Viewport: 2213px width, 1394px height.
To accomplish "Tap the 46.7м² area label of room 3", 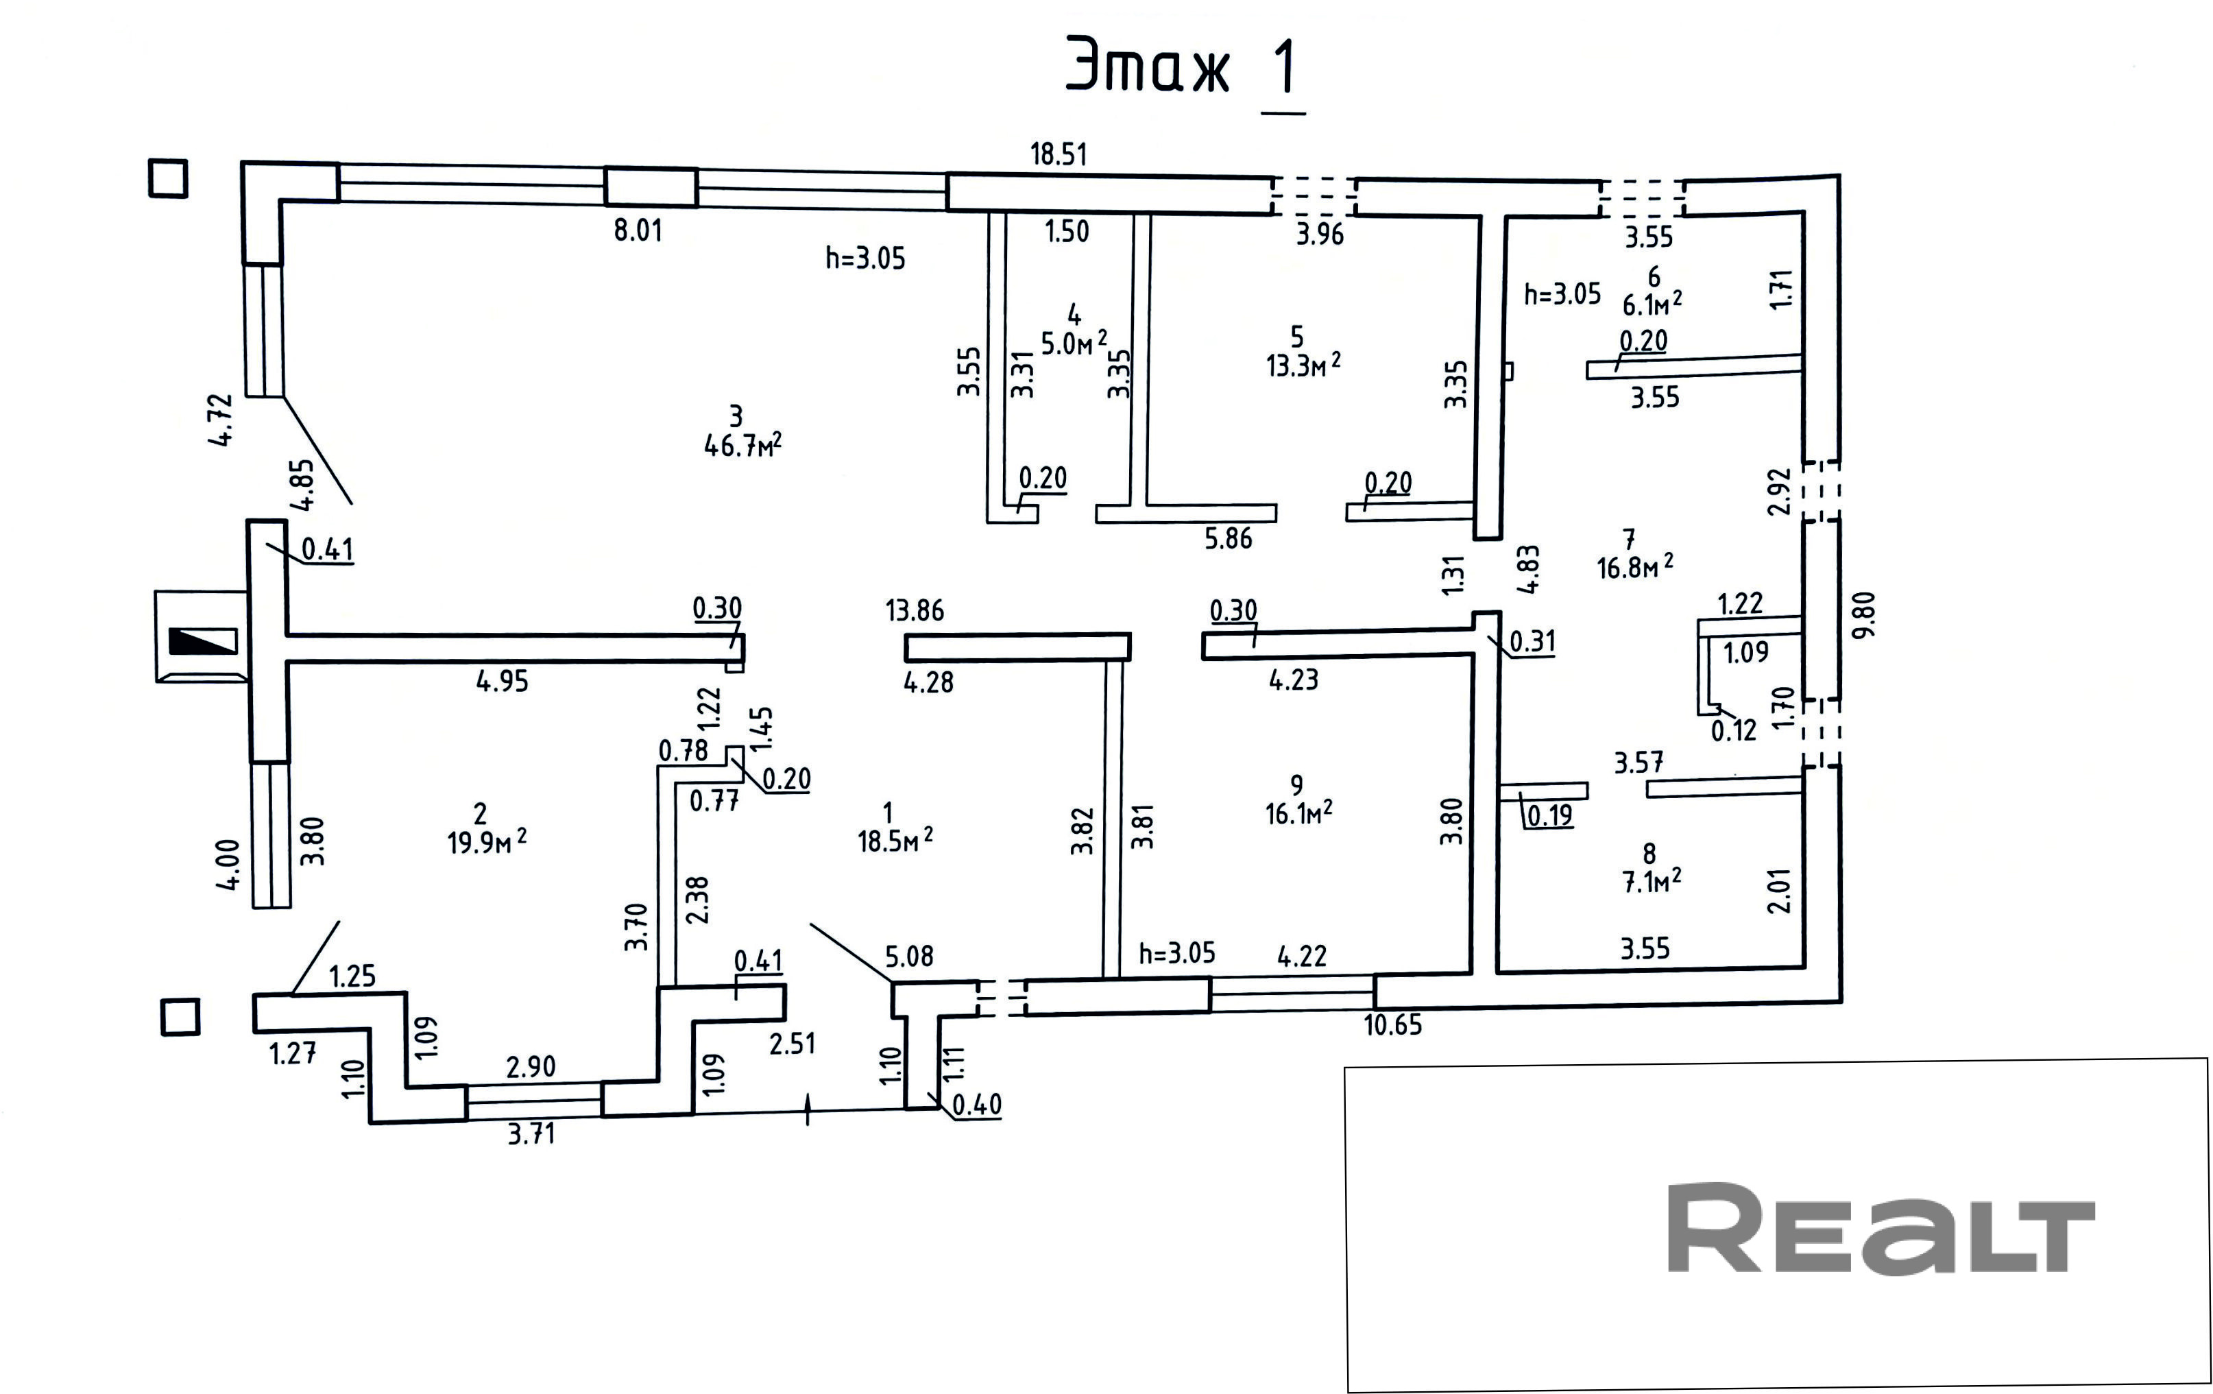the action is (x=742, y=446).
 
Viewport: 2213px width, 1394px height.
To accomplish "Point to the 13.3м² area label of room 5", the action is (x=1303, y=365).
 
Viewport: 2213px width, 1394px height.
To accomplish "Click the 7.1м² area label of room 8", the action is (x=1652, y=881).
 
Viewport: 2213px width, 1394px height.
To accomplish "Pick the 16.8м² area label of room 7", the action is (x=1635, y=567).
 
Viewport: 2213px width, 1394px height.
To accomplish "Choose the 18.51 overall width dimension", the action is (x=1059, y=154).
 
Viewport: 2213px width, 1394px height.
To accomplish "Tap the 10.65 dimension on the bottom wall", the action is (x=1392, y=1024).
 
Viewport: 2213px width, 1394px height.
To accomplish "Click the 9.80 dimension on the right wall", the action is (x=1865, y=616).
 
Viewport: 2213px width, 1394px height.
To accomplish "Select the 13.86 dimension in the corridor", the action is (x=915, y=610).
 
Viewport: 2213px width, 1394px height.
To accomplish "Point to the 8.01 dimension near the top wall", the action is (x=638, y=230).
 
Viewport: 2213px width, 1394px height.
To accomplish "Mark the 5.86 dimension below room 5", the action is (x=1229, y=538).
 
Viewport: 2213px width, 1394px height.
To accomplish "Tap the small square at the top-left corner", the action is (x=168, y=178).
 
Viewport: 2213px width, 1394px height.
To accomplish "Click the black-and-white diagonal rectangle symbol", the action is (x=203, y=640).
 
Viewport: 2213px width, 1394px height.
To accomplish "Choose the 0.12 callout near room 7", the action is (x=1733, y=730).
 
